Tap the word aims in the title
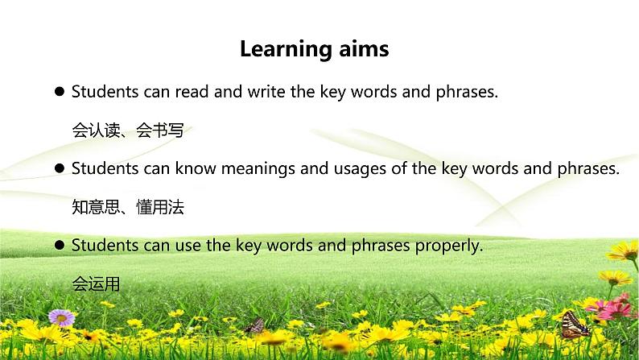pyautogui.click(x=363, y=49)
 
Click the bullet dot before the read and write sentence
pyautogui.click(x=60, y=93)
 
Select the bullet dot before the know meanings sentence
pyautogui.click(x=60, y=169)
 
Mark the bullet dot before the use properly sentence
pyautogui.click(x=60, y=246)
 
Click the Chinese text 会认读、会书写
pyautogui.click(x=127, y=130)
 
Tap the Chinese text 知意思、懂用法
pyautogui.click(x=127, y=208)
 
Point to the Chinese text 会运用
pyautogui.click(x=96, y=284)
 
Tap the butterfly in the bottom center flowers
pyautogui.click(x=255, y=325)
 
